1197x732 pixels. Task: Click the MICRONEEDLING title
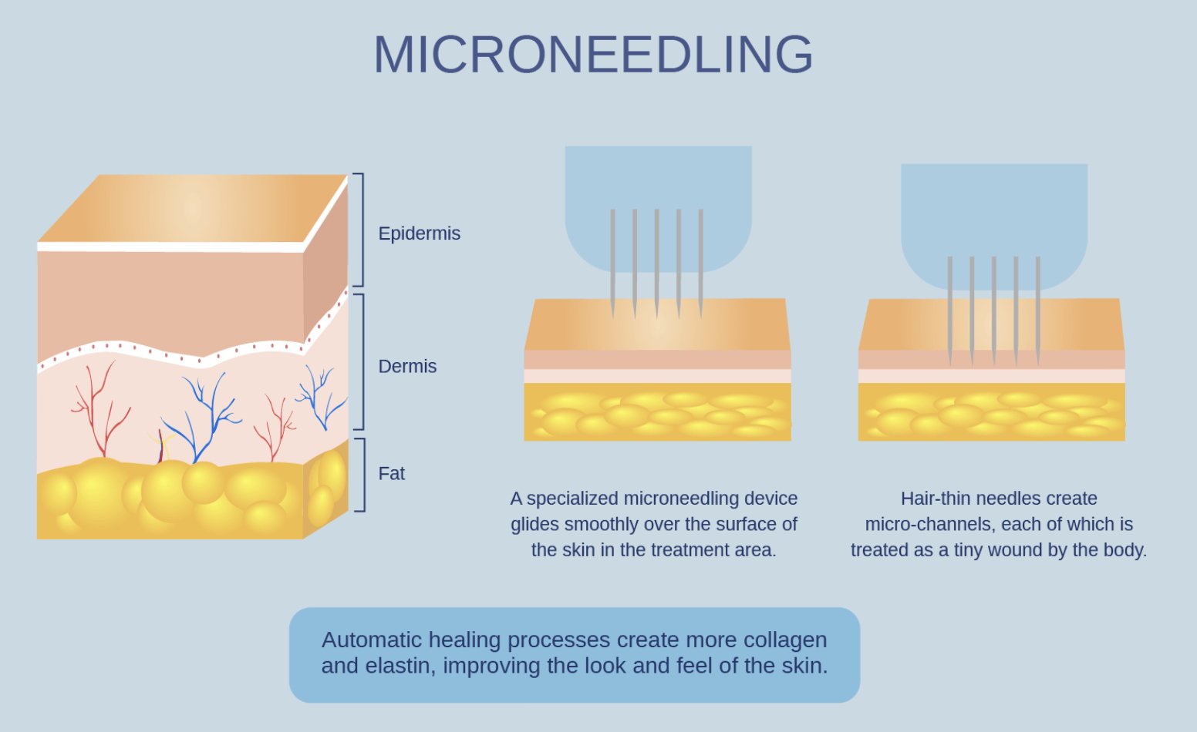(x=593, y=54)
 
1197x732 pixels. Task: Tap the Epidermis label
(x=419, y=233)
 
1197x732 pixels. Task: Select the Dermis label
(x=407, y=366)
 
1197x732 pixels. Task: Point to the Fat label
(x=391, y=473)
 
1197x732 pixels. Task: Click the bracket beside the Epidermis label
(x=360, y=230)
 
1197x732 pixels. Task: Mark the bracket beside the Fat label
(x=362, y=474)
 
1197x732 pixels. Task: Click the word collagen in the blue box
(x=784, y=640)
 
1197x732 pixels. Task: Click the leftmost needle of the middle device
(x=612, y=262)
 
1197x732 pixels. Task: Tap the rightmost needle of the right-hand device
(x=1038, y=308)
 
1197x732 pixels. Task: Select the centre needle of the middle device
(x=656, y=262)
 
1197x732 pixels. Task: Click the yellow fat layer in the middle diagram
(x=657, y=412)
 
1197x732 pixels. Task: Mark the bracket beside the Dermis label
(x=360, y=361)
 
